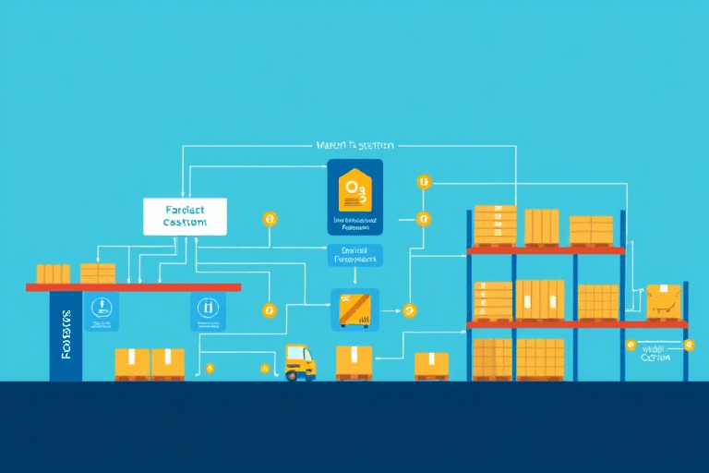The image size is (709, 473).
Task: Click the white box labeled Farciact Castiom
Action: [185, 216]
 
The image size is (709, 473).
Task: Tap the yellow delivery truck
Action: [300, 361]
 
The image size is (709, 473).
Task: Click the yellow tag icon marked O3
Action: [354, 191]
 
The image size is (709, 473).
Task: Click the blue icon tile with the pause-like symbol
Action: [206, 312]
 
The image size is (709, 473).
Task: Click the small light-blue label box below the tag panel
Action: [354, 256]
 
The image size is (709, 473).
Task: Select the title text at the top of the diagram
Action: [354, 146]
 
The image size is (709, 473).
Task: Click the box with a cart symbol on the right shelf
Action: [664, 301]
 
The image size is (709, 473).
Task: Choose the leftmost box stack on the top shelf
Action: [495, 225]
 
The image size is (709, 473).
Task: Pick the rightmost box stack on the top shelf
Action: [591, 230]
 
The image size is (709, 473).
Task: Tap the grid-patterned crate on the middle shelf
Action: [598, 302]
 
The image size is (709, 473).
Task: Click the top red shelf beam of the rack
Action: [546, 250]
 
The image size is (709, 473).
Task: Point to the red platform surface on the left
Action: [133, 287]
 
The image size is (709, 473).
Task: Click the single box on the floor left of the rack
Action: [431, 364]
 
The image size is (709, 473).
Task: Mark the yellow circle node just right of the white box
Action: [270, 220]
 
